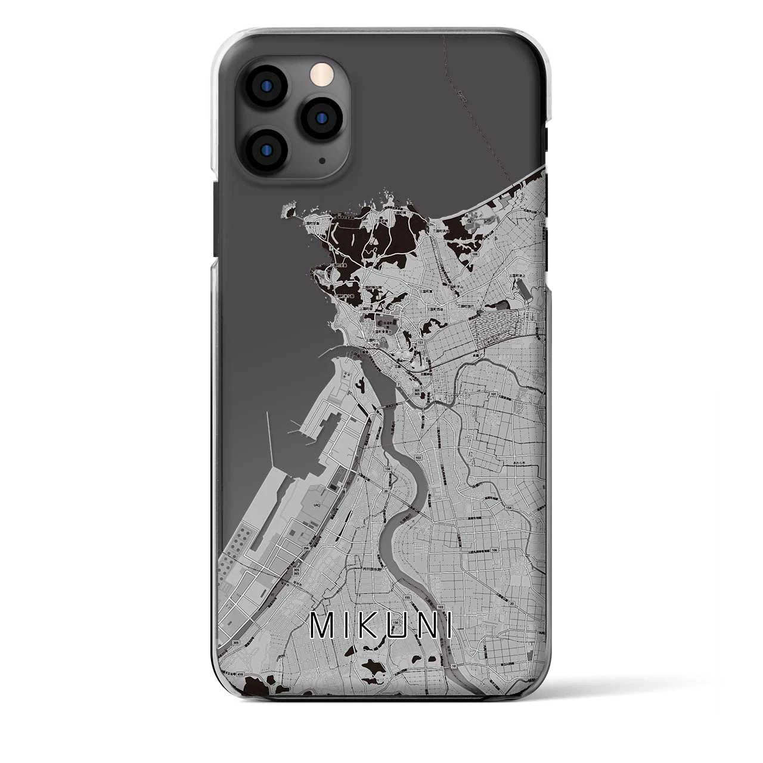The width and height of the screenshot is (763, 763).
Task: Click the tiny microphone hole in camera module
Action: coord(321,160)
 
